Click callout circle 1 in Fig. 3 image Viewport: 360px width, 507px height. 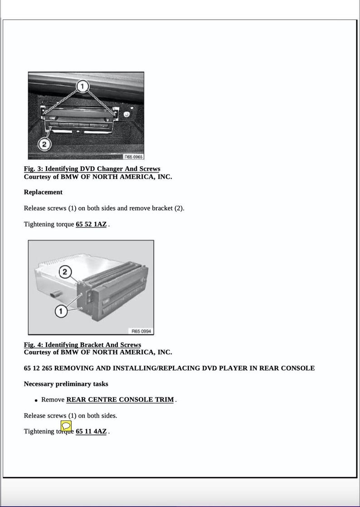(x=82, y=86)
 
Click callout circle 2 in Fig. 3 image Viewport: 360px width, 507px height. (x=44, y=145)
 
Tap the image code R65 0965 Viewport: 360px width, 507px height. (x=133, y=156)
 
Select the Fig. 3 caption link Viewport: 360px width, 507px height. (x=92, y=169)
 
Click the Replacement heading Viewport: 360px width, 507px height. (x=43, y=192)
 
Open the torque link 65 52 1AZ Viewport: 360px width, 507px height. (x=91, y=224)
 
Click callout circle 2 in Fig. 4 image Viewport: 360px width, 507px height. (x=65, y=272)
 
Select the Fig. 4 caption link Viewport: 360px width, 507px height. (x=82, y=345)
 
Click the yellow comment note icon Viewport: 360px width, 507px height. (x=66, y=426)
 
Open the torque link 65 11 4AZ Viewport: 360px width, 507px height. (x=91, y=431)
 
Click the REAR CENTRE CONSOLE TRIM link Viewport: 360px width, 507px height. (x=120, y=400)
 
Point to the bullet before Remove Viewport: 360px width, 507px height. (x=36, y=401)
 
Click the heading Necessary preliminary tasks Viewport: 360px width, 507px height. (x=66, y=384)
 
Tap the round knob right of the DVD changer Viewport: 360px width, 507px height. (x=127, y=115)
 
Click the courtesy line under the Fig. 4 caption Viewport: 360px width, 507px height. (x=97, y=352)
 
